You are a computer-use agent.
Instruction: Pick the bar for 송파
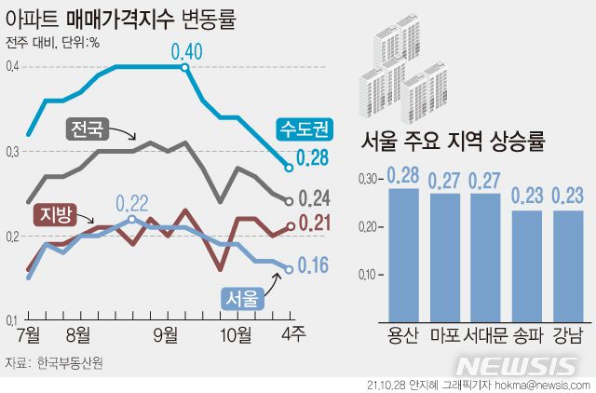(527, 265)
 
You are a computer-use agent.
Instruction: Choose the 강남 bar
(568, 265)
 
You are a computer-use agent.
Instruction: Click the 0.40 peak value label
(186, 50)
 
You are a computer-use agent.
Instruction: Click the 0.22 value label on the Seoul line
(132, 203)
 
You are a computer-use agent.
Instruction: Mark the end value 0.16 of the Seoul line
(312, 266)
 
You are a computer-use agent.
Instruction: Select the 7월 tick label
(28, 332)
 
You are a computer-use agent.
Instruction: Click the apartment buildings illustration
(406, 70)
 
